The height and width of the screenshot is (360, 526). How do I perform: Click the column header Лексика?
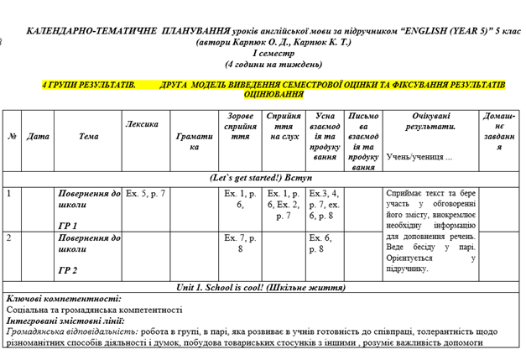tap(142, 124)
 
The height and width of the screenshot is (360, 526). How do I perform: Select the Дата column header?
tap(38, 136)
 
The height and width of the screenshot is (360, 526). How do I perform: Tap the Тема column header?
tap(88, 136)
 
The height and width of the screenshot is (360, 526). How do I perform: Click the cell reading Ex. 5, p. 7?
tap(146, 194)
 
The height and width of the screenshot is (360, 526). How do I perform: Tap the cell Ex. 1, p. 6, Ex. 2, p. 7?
tap(281, 204)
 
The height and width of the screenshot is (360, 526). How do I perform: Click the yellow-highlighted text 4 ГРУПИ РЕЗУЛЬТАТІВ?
tap(88, 85)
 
